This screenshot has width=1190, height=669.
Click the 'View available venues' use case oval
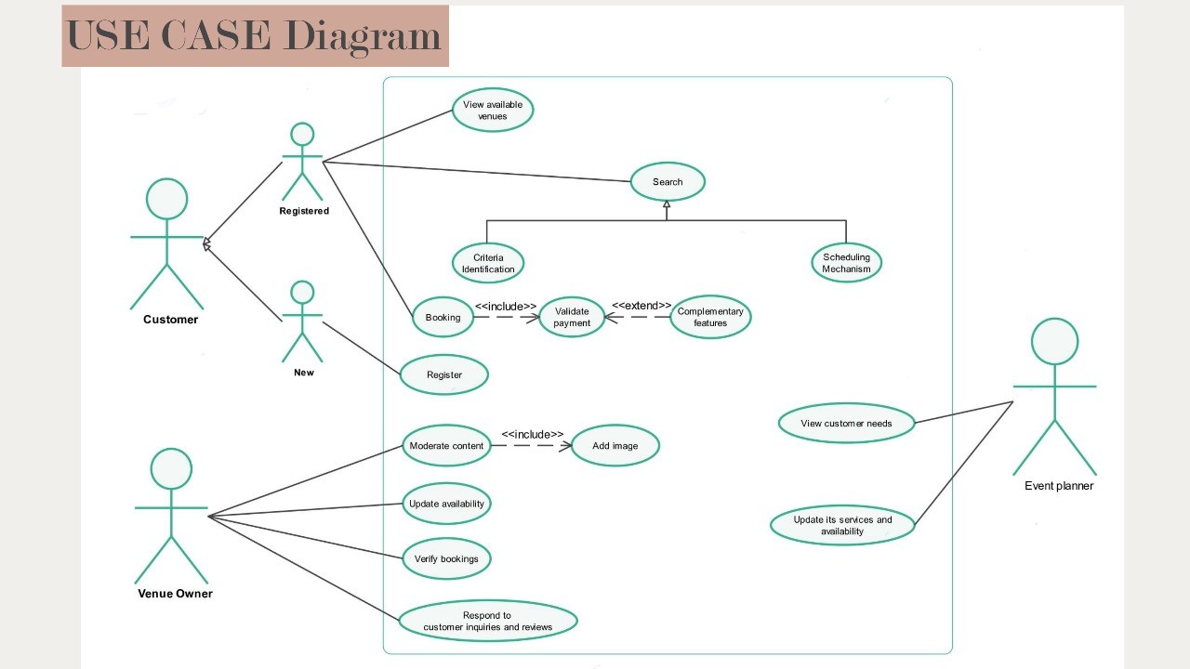coord(493,110)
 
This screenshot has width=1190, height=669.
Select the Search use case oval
coord(668,182)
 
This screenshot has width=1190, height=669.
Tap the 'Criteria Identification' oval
coord(488,263)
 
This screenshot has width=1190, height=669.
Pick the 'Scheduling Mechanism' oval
coord(846,263)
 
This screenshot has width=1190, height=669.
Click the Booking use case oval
coord(443,317)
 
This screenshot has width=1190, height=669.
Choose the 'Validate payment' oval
coord(572,317)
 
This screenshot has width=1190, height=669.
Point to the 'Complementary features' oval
coord(710,317)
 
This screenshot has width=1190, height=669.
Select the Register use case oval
coord(444,374)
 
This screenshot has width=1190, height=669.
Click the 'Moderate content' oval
coord(446,446)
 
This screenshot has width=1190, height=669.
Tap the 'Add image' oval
coord(615,446)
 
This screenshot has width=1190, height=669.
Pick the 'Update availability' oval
coord(446,504)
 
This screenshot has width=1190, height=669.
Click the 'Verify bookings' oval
coord(446,558)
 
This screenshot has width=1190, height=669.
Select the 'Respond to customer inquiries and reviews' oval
coord(488,621)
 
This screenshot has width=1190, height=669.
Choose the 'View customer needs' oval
coord(846,424)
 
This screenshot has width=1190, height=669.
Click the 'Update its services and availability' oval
coord(842,525)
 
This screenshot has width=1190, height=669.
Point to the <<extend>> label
coord(641,306)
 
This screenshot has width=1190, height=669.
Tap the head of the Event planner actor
coord(1055,341)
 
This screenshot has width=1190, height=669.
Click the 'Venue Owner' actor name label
coord(175,594)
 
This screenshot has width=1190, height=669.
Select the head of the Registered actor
coord(302,135)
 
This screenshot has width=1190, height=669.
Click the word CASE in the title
coord(216,35)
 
